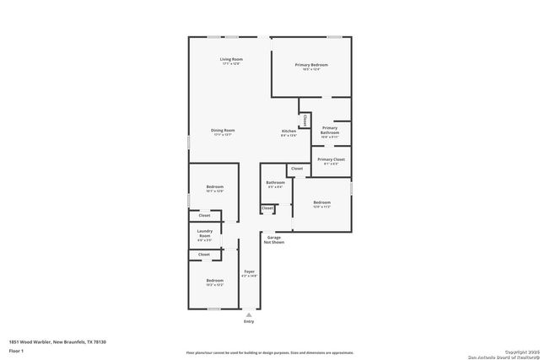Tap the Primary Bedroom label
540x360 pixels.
point(310,67)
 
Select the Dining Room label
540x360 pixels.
point(223,132)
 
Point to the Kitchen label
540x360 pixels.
point(289,133)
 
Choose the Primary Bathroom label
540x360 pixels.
point(329,131)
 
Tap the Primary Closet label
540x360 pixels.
point(330,161)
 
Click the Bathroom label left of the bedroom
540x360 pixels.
point(275,184)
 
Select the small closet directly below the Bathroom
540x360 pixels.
point(267,208)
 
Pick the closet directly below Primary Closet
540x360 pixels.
point(296,169)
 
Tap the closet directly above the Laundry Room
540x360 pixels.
point(204,216)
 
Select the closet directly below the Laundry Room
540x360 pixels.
point(204,254)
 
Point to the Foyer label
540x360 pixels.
point(249,273)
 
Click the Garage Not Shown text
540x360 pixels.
point(275,240)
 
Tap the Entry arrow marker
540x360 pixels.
point(248,313)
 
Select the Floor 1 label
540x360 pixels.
point(17,350)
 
